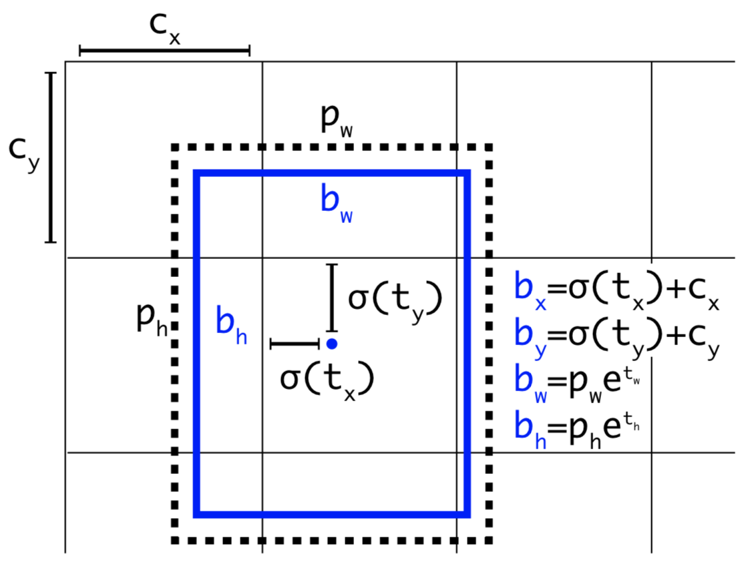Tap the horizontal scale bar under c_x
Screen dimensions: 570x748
(164, 50)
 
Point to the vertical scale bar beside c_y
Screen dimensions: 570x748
(50, 157)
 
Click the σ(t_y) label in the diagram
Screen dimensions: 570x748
(395, 302)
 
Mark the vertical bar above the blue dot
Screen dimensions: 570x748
(332, 298)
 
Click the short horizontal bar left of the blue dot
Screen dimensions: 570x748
(295, 344)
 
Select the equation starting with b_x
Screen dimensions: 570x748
(616, 288)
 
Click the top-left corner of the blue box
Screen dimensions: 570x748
(196, 174)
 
